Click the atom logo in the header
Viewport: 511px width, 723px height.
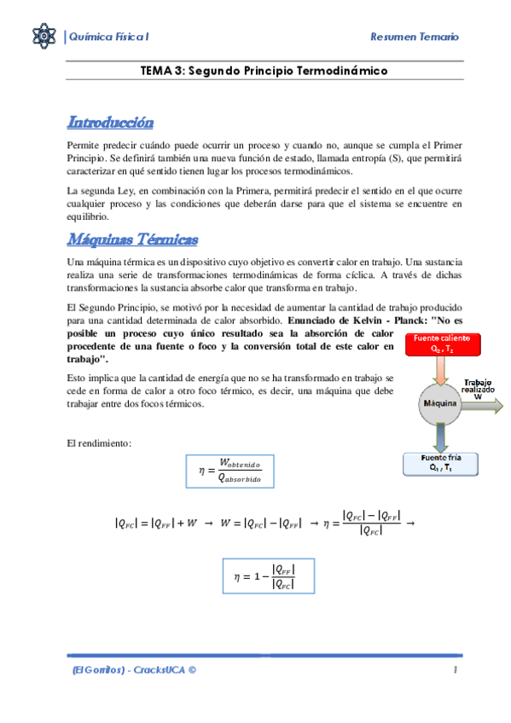click(44, 36)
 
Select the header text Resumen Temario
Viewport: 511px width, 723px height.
click(415, 37)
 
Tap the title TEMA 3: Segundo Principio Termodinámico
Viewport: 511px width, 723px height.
click(264, 71)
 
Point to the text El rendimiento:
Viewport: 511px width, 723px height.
click(98, 443)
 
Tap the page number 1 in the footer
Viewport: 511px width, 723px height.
click(456, 670)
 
